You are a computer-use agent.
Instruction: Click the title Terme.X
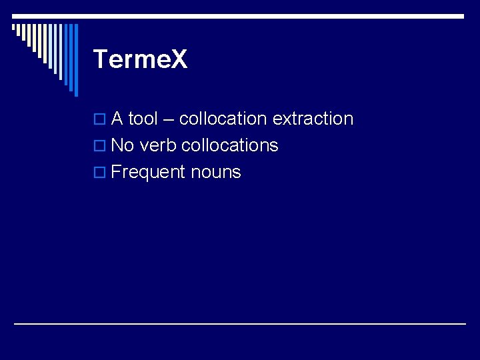pos(141,59)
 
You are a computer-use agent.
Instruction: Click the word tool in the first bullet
pos(143,119)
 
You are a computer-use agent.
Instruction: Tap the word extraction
pos(313,119)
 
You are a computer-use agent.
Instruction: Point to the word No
pos(123,145)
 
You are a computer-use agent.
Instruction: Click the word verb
pos(158,145)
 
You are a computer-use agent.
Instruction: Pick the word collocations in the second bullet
pos(229,145)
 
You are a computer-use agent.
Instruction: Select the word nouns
pos(215,172)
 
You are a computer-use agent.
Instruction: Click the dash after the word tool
pos(168,119)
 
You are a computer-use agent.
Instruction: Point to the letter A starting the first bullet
pos(117,119)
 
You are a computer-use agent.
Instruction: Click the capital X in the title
pos(179,59)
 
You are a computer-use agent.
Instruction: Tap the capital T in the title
pos(100,59)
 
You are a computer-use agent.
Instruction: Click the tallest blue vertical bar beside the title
pos(75,60)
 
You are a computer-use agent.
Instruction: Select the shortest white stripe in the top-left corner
pos(13,28)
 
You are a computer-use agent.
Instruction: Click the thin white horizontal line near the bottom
pos(240,323)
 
